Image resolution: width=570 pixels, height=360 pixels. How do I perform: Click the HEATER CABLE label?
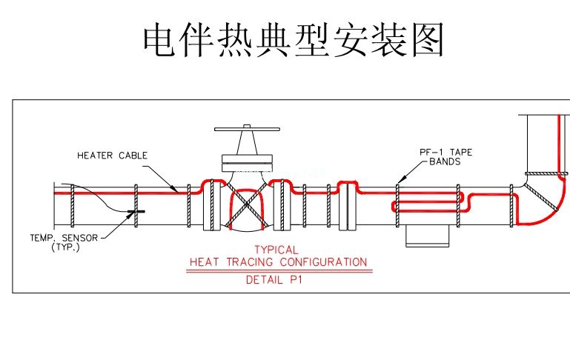coord(113,156)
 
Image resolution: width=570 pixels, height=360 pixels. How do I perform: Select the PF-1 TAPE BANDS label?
coord(445,156)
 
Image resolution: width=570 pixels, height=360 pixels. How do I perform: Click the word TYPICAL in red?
coord(276,250)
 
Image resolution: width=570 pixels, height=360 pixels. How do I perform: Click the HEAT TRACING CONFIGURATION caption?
coord(278,261)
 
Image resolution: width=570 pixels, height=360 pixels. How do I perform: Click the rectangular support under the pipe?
coord(427,236)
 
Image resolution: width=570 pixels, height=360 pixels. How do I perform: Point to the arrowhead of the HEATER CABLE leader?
coord(175,190)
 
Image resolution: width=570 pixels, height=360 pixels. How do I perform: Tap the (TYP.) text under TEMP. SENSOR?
coord(64,247)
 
